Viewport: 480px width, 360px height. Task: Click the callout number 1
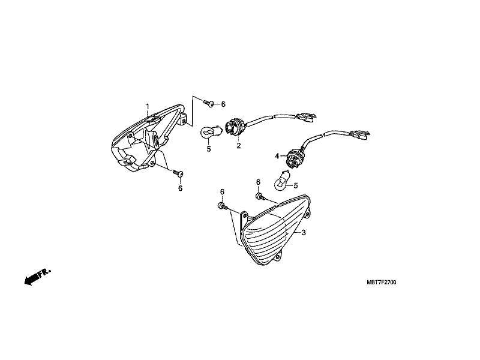pos(148,106)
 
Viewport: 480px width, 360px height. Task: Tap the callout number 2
pos(238,146)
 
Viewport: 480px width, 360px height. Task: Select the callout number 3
pos(304,233)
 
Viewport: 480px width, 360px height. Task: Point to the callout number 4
pos(277,157)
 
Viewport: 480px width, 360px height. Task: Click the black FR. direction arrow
pos(37,277)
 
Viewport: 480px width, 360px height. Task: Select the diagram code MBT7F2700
pos(381,282)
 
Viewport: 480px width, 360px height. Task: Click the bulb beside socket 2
pos(209,132)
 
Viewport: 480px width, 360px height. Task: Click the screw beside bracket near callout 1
pos(208,103)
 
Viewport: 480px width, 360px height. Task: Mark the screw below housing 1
pos(178,173)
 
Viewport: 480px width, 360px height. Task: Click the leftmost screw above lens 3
pos(223,206)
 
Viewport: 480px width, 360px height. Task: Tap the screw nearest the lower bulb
pos(260,196)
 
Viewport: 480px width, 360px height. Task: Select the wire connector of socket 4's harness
pos(360,134)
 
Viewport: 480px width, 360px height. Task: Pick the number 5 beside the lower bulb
pos(296,185)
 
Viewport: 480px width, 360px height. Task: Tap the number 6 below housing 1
pos(181,188)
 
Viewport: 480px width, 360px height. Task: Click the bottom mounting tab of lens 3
pos(278,257)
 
